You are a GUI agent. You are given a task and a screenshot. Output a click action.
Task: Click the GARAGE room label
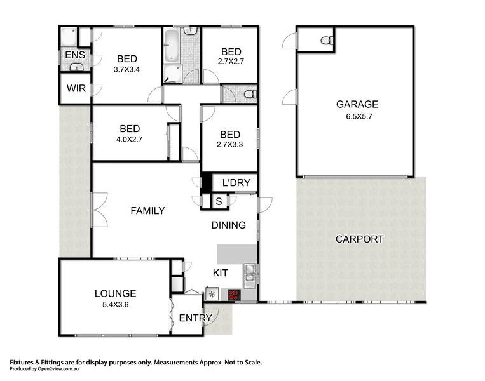[357, 105]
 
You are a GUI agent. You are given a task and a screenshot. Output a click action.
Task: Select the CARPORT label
[360, 239]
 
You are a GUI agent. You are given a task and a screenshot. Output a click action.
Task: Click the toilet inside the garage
[327, 40]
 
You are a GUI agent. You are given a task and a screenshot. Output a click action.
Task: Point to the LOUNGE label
[115, 293]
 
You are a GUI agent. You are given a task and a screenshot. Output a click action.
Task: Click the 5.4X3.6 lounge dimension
[115, 305]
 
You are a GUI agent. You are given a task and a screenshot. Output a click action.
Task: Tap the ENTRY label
[191, 318]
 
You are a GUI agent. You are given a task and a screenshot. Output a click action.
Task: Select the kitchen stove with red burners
[233, 295]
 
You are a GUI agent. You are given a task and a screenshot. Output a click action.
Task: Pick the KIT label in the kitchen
[220, 272]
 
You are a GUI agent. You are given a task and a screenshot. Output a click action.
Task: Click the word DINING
[228, 225]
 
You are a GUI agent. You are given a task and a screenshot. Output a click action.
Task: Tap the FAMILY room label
[147, 211]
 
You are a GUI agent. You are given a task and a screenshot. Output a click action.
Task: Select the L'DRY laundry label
[236, 184]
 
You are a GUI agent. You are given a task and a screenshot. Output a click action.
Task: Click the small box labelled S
[219, 201]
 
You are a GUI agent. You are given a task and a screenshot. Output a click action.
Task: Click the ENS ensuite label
[74, 55]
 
